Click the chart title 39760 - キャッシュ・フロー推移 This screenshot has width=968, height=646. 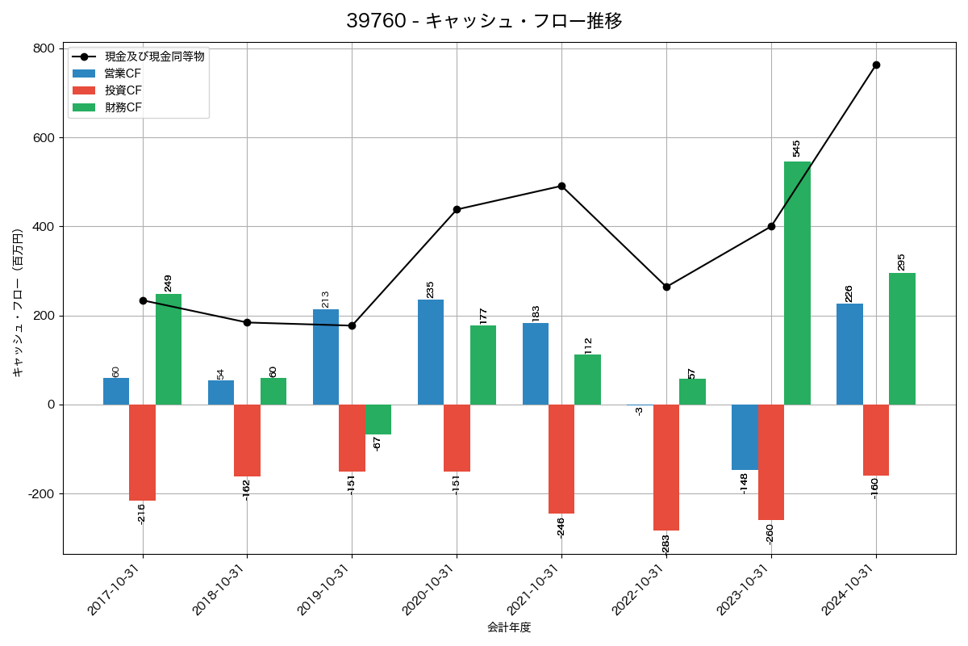[484, 21]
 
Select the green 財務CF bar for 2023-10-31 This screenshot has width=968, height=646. [797, 283]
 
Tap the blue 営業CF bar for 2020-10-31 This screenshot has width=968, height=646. [431, 352]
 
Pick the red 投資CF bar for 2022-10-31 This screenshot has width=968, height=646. [666, 468]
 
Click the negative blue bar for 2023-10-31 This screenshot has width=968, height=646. [745, 437]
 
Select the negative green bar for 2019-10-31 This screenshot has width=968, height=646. [378, 419]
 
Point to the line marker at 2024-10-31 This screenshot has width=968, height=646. [876, 65]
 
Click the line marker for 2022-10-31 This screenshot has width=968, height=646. [666, 287]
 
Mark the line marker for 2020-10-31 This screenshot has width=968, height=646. [457, 209]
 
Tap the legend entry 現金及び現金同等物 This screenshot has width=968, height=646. [154, 56]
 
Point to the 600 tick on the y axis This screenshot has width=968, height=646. [44, 138]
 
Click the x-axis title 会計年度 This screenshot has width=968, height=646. [509, 627]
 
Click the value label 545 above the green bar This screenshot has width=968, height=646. [797, 148]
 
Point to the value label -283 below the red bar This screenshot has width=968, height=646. [666, 545]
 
